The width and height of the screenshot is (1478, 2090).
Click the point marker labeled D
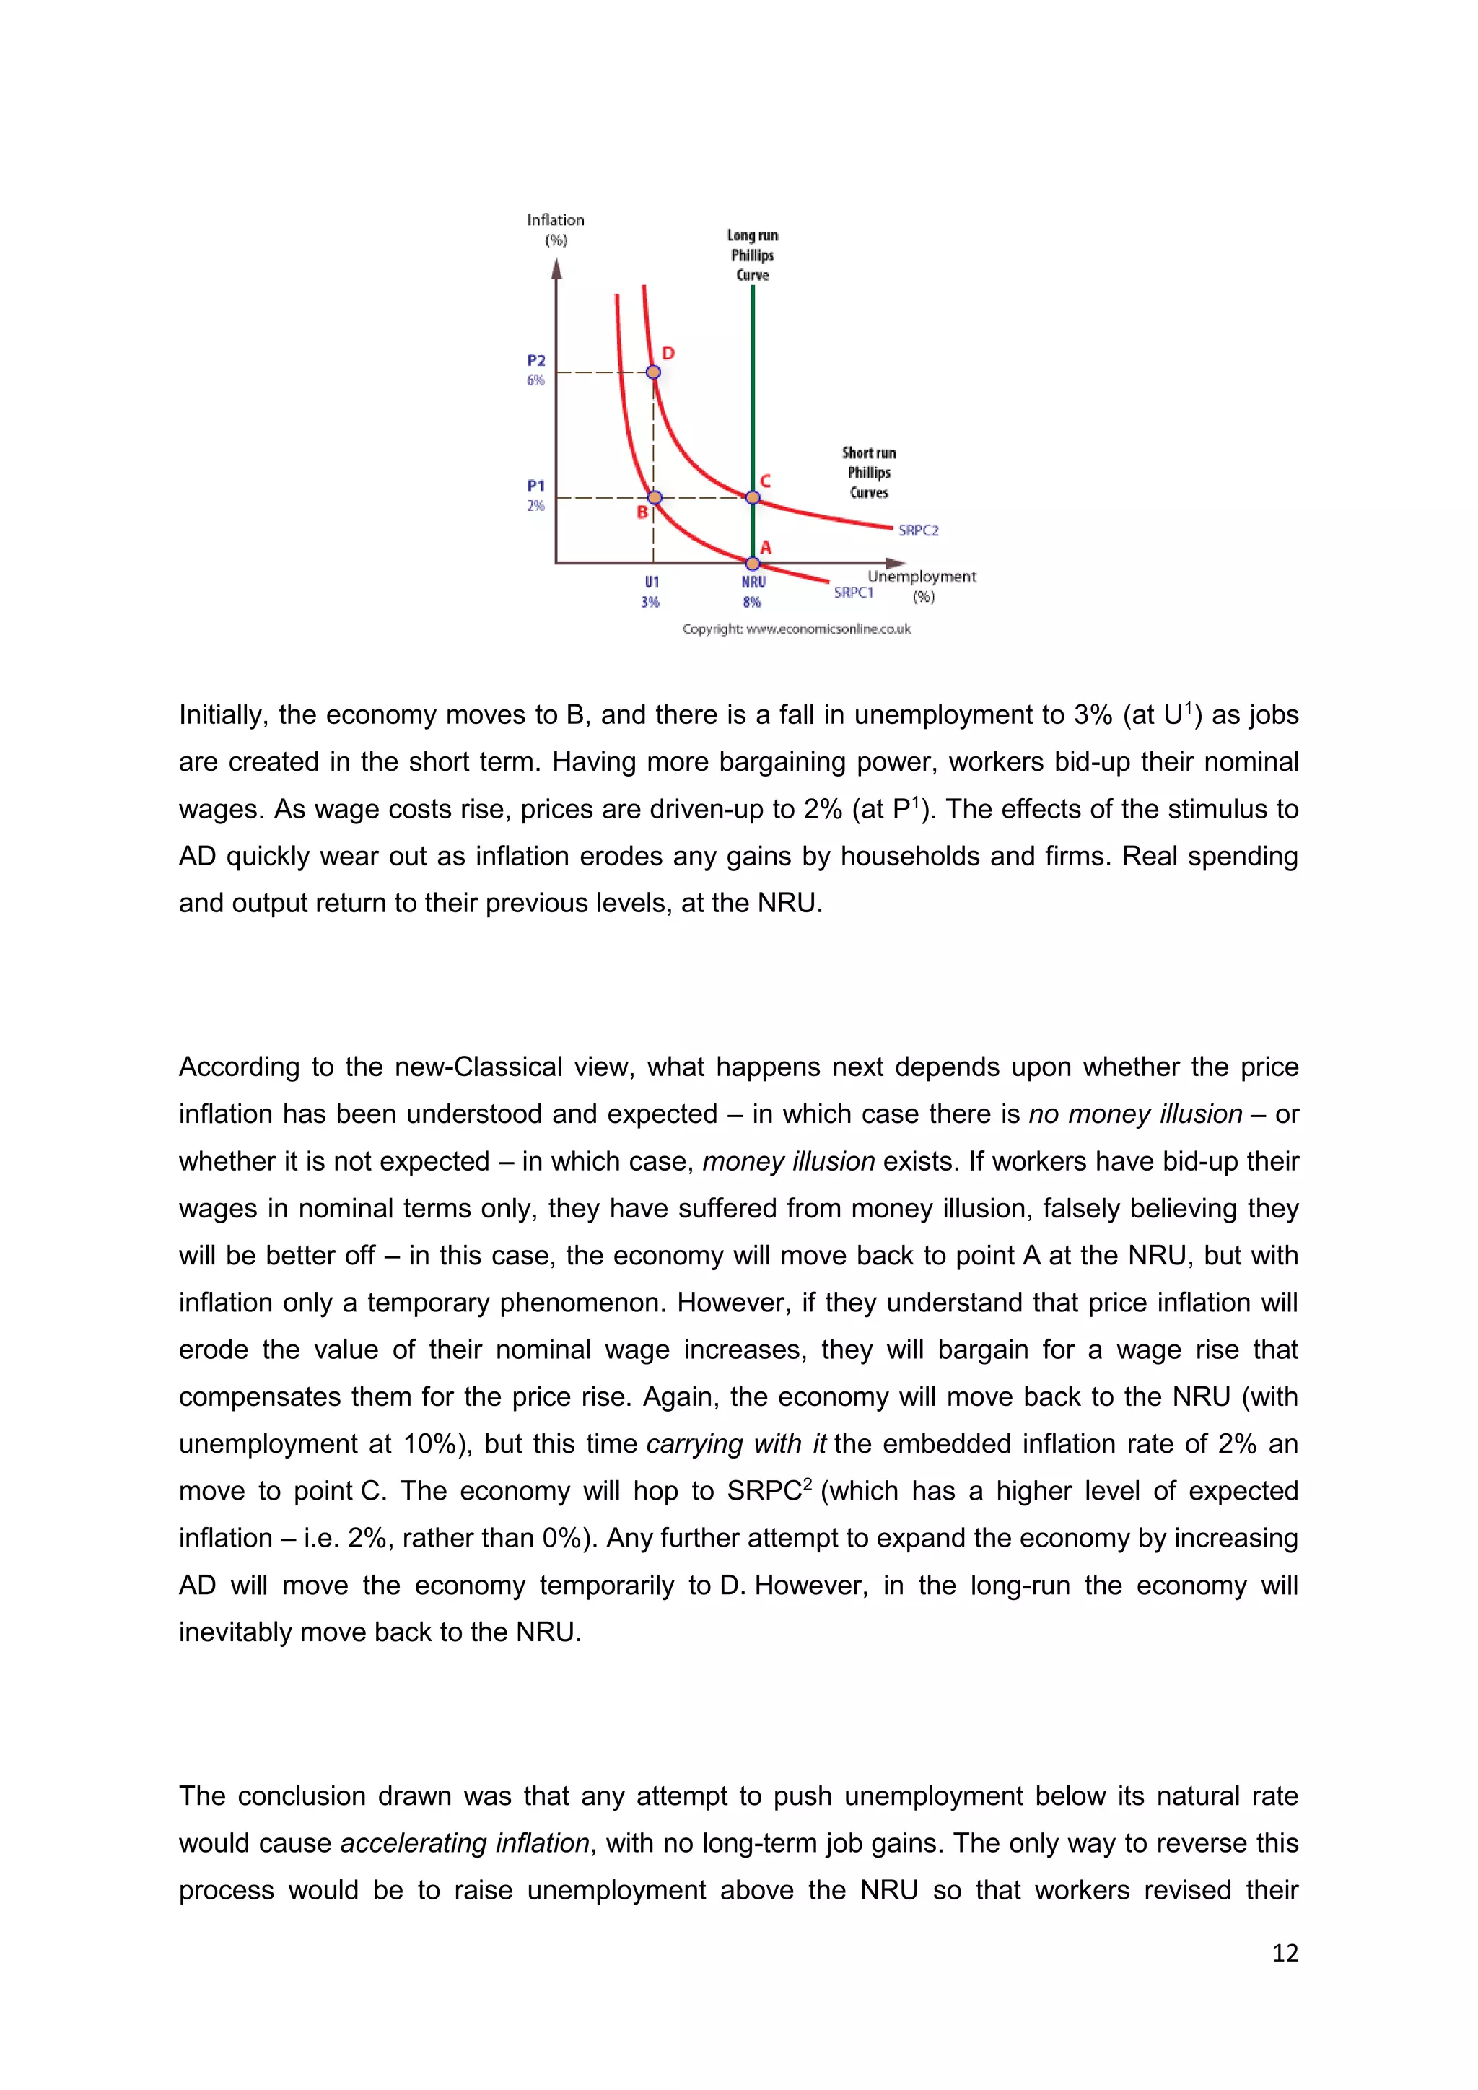point(653,372)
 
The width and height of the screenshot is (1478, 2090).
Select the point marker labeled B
point(655,497)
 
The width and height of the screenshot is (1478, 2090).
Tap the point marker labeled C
point(753,497)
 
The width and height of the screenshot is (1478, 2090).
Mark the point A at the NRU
point(753,564)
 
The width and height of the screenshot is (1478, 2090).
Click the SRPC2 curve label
point(917,530)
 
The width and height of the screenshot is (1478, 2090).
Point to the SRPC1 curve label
point(853,593)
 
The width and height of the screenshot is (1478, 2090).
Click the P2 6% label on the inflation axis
point(536,370)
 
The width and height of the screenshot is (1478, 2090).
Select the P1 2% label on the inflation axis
point(536,495)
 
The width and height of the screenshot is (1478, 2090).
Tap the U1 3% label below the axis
point(651,592)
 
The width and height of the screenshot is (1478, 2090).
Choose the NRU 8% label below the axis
point(753,592)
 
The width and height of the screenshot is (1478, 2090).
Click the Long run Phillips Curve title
point(753,255)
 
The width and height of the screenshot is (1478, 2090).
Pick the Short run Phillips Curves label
point(868,473)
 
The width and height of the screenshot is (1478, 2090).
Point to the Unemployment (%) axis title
point(921,585)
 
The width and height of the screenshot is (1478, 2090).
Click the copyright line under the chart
point(796,629)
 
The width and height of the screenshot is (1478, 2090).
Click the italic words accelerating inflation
point(465,1843)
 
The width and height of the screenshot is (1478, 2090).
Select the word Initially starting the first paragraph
point(223,715)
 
